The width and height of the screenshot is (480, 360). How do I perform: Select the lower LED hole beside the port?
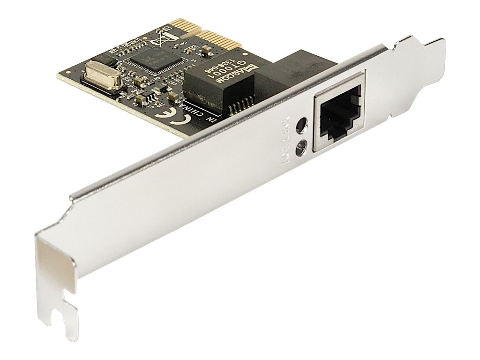(x=300, y=149)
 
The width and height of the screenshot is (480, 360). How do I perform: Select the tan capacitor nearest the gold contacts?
(x=205, y=49)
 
